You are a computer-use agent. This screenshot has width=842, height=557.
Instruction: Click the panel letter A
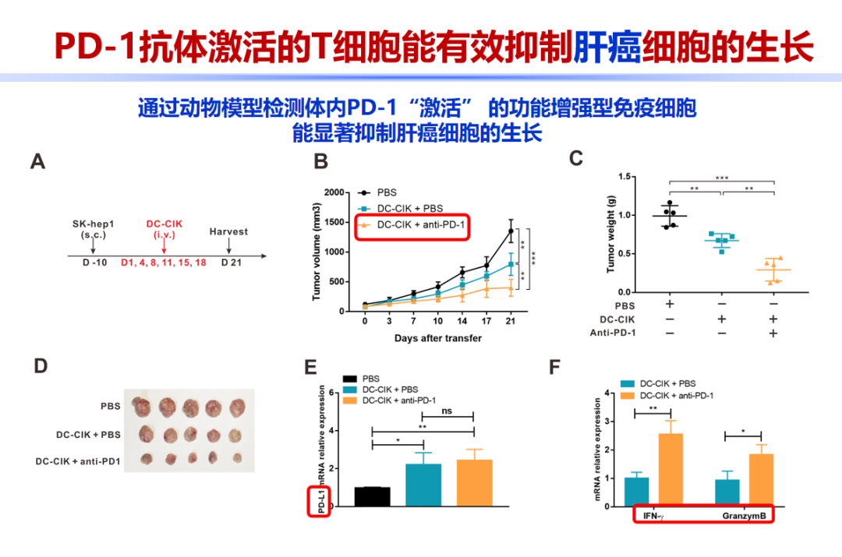pyautogui.click(x=37, y=162)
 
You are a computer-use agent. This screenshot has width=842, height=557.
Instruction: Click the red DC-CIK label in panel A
pyautogui.click(x=164, y=224)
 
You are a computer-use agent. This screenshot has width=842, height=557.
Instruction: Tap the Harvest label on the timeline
pyautogui.click(x=228, y=231)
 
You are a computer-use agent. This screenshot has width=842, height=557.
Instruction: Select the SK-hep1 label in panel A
pyautogui.click(x=93, y=224)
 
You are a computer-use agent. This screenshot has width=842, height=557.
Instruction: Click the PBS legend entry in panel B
pyautogui.click(x=387, y=192)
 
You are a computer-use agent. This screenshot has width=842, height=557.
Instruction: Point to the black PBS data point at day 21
pyautogui.click(x=511, y=231)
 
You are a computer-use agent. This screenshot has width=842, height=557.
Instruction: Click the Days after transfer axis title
pyautogui.click(x=438, y=338)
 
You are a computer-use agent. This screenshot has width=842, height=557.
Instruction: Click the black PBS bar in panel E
pyautogui.click(x=373, y=496)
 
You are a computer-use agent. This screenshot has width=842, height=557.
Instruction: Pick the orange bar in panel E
pyautogui.click(x=474, y=483)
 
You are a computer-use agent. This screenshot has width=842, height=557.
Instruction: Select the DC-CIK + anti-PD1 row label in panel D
pyautogui.click(x=77, y=461)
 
